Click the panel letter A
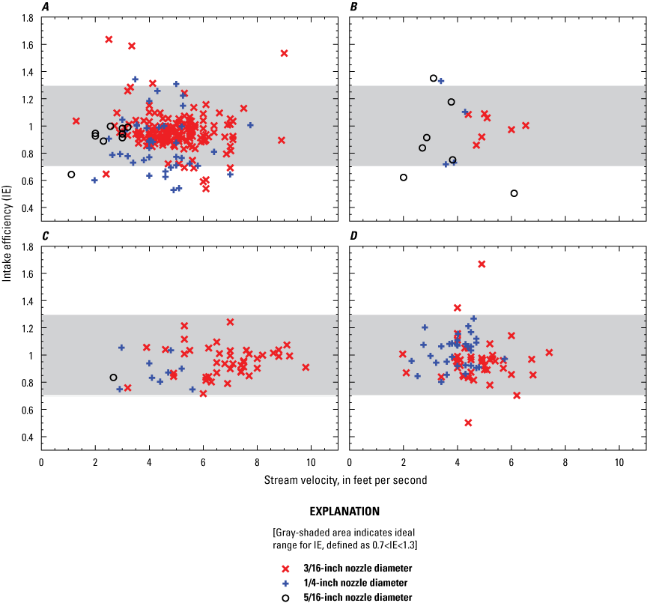pos(46,7)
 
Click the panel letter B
pos(354,7)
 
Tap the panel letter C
pos(46,237)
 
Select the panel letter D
pos(354,237)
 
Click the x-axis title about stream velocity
pos(345,480)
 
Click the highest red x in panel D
pos(482,264)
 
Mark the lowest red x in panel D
pos(468,422)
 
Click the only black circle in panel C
pos(113,378)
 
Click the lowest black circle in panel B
pos(514,193)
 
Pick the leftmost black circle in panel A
pos(71,175)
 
